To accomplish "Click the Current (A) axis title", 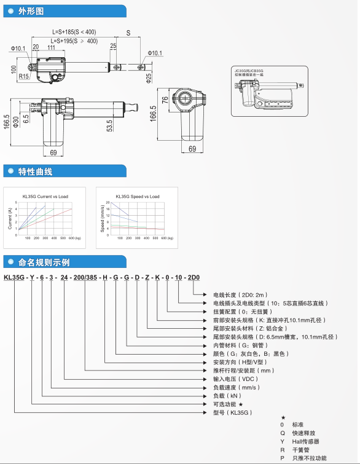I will click(x=10, y=219).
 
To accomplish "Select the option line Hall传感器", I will click(x=306, y=441).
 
